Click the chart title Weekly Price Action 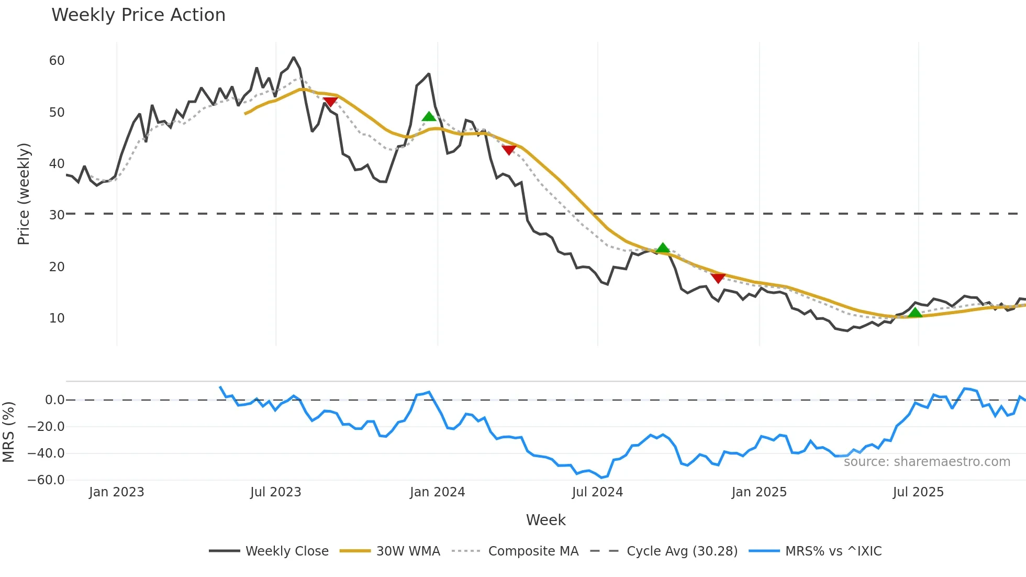[x=138, y=15]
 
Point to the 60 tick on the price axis [x=57, y=61]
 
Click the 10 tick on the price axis [x=57, y=318]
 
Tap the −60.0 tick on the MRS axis [x=46, y=480]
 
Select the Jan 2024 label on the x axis [x=437, y=492]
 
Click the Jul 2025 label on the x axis [x=918, y=492]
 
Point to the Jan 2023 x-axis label [x=116, y=492]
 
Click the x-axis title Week [x=545, y=520]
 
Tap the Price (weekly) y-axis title [x=24, y=194]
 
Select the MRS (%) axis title [x=9, y=432]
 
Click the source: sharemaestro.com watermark [x=927, y=462]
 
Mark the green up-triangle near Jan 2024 [x=429, y=117]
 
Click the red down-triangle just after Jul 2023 [x=330, y=102]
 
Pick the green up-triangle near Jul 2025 [x=915, y=313]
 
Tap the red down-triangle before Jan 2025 [x=718, y=278]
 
